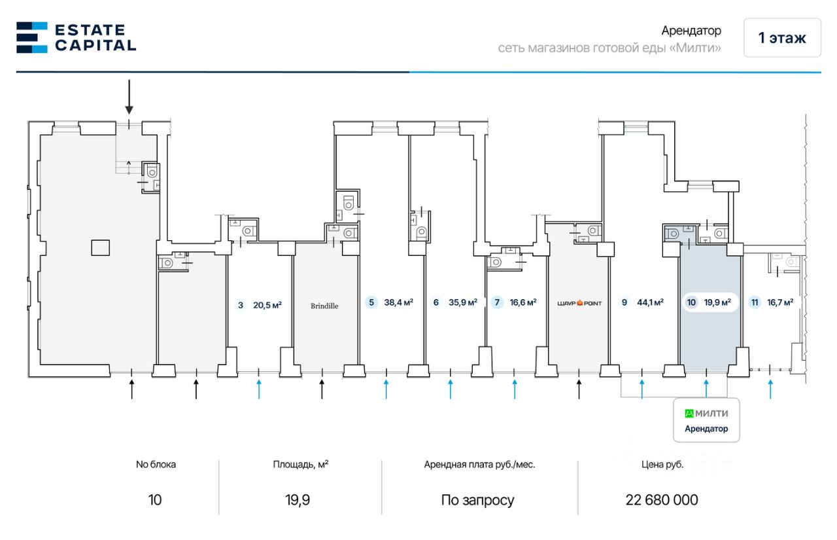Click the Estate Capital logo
[76, 37]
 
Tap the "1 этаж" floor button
[781, 38]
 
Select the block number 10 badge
[691, 302]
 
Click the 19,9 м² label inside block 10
[717, 302]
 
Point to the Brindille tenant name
[324, 306]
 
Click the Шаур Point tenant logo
[579, 302]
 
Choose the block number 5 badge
[371, 302]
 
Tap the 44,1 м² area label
[650, 302]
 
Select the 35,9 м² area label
[464, 302]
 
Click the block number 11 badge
[755, 302]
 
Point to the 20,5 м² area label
[267, 305]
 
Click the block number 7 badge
[498, 302]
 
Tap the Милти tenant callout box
[706, 420]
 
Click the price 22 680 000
[662, 500]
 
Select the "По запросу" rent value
[477, 500]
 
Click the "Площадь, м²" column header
[301, 465]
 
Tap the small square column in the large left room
[101, 247]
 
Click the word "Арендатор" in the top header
[691, 31]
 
